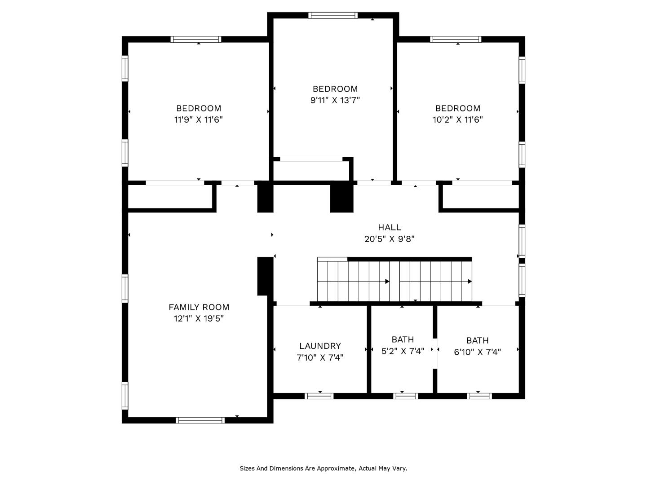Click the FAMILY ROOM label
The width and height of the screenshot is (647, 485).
pyautogui.click(x=199, y=307)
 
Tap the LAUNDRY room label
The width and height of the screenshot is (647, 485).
pyautogui.click(x=320, y=346)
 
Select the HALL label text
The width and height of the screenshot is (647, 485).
pyautogui.click(x=389, y=227)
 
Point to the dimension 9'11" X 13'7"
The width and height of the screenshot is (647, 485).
pyautogui.click(x=335, y=100)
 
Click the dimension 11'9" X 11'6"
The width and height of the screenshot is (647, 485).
pyautogui.click(x=199, y=119)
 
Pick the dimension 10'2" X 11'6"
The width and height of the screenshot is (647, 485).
pyautogui.click(x=457, y=119)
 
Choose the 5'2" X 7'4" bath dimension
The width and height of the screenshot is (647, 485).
pyautogui.click(x=403, y=351)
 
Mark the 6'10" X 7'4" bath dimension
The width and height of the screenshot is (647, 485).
pyautogui.click(x=477, y=352)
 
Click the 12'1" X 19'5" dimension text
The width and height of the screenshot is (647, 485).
pyautogui.click(x=199, y=319)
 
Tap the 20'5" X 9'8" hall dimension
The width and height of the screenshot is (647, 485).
pyautogui.click(x=389, y=239)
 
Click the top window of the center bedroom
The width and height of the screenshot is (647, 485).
pyautogui.click(x=333, y=15)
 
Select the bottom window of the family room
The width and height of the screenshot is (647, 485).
pyautogui.click(x=200, y=420)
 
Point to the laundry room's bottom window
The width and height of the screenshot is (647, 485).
pyautogui.click(x=319, y=396)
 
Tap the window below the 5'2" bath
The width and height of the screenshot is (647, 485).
pyautogui.click(x=405, y=396)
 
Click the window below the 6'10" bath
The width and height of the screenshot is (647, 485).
pyautogui.click(x=479, y=396)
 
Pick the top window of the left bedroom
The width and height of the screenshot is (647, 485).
pyautogui.click(x=196, y=40)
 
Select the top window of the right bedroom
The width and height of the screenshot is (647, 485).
pyautogui.click(x=456, y=40)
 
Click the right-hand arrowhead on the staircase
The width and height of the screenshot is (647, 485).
pyautogui.click(x=470, y=282)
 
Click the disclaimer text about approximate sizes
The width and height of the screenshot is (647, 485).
pyautogui.click(x=323, y=468)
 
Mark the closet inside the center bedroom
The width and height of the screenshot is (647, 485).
pyautogui.click(x=311, y=170)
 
